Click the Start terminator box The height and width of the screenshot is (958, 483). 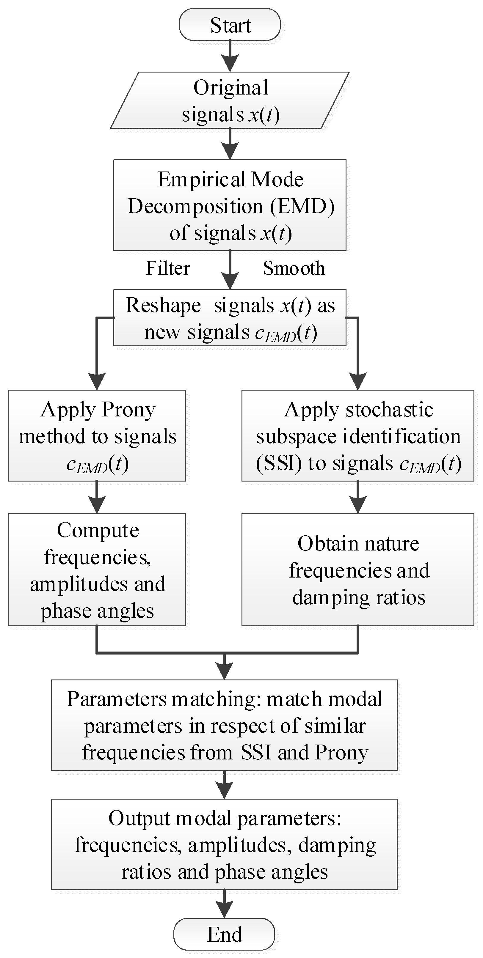(x=230, y=25)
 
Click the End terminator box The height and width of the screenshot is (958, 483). (x=224, y=934)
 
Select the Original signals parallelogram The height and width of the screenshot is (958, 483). (x=230, y=100)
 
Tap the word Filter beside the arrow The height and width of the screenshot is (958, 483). (x=168, y=268)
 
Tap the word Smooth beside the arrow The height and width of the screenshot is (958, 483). (x=294, y=268)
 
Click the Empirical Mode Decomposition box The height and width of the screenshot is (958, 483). (x=230, y=205)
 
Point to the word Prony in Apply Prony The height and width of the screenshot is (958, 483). (x=128, y=410)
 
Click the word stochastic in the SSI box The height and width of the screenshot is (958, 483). (x=389, y=410)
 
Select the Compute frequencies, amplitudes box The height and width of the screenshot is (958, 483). (x=97, y=570)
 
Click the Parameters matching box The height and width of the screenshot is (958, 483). (x=224, y=725)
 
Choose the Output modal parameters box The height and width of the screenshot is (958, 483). (x=224, y=844)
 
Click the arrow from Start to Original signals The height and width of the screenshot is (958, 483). (x=230, y=56)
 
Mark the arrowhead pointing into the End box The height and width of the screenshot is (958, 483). (x=224, y=910)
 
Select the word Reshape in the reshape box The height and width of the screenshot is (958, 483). (x=163, y=305)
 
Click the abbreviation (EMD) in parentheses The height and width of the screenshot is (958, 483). (x=302, y=206)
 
